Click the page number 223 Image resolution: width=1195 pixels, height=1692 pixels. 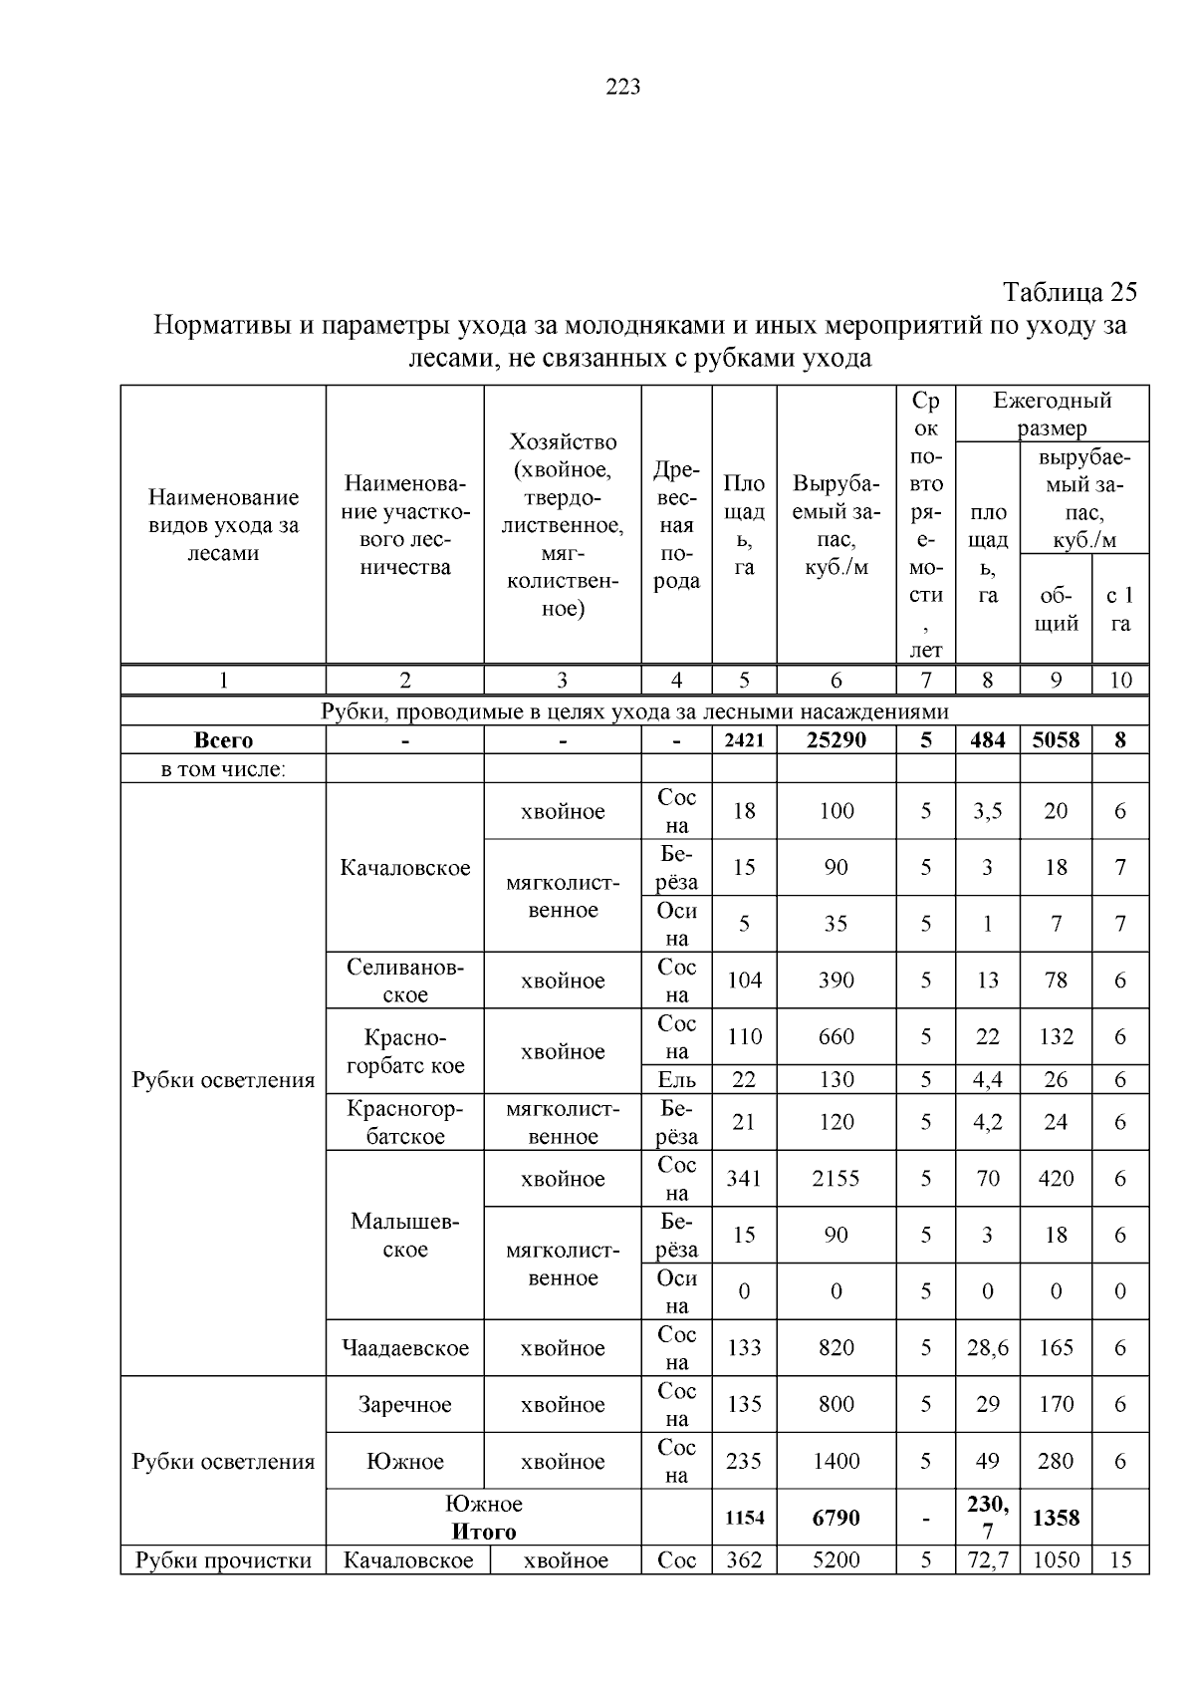622,87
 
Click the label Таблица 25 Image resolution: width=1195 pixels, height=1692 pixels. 1069,292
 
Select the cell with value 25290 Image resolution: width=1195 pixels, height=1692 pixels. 836,740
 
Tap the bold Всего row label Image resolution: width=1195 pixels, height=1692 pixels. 223,740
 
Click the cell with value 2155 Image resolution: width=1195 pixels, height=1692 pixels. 836,1179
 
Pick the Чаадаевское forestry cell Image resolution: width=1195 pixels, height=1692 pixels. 404,1348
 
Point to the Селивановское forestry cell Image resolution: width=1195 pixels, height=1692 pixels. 404,981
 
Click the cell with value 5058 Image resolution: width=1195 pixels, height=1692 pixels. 1055,740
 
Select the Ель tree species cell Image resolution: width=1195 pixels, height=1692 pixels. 676,1079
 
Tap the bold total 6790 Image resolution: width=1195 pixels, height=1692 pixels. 836,1518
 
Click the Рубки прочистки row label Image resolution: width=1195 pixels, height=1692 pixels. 223,1560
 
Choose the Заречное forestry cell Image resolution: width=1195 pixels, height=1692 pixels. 404,1405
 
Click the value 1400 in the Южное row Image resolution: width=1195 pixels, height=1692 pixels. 836,1462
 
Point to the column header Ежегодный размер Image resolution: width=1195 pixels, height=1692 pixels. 1052,415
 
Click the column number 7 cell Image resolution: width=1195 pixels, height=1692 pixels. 925,681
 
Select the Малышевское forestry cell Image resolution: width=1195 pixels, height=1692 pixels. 404,1236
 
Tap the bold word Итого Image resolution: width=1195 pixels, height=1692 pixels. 484,1532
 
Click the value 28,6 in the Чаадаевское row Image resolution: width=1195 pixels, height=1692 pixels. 987,1348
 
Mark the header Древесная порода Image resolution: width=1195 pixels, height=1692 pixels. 676,525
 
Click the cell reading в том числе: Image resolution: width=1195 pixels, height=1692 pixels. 223,769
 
